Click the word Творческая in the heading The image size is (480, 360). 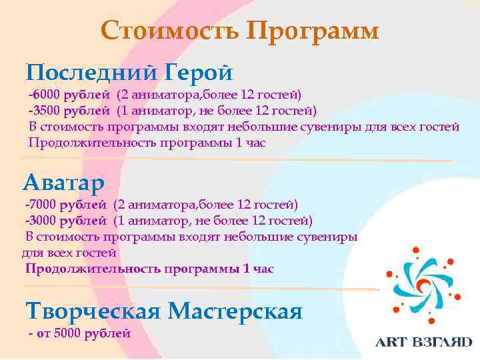coord(91,311)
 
